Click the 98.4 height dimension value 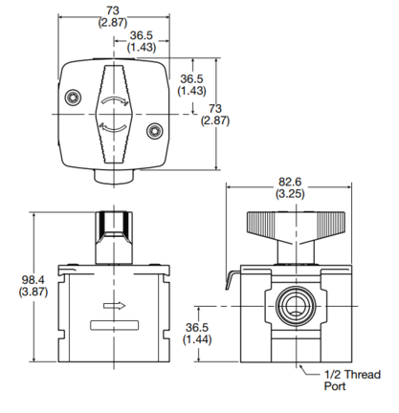coord(33,280)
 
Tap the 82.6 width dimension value coord(290,182)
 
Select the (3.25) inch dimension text coord(290,194)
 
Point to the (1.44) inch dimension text coord(197,339)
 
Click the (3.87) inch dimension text coord(33,292)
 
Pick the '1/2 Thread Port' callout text coord(352,380)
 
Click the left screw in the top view coord(73,97)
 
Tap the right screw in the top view coord(155,131)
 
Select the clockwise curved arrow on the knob coord(115,100)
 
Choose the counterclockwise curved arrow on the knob coord(114,127)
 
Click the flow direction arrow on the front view coord(114,306)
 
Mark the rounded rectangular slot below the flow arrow coord(114,325)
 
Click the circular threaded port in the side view coord(297,306)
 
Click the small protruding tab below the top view coord(114,176)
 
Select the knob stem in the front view coord(114,237)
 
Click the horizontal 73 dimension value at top coord(113,11)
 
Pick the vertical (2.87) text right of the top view coord(215,120)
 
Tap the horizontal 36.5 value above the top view coord(142,35)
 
